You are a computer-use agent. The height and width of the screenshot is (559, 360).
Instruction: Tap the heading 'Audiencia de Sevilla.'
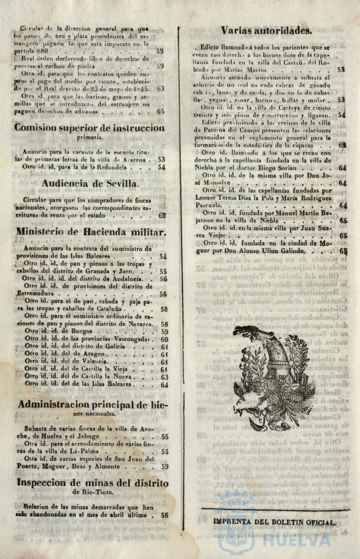[x=90, y=183]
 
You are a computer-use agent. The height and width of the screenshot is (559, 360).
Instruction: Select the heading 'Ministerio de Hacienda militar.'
[x=91, y=232]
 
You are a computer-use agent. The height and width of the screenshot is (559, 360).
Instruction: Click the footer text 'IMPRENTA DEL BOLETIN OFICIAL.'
[x=274, y=522]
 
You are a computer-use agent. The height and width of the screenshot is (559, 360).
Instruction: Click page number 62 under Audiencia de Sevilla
[x=162, y=216]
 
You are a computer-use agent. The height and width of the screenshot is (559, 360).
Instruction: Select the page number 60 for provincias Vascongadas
[x=164, y=339]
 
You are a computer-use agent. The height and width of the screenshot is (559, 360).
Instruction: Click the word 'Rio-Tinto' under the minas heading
[x=99, y=492]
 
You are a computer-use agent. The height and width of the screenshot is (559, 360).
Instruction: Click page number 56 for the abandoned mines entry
[x=165, y=515]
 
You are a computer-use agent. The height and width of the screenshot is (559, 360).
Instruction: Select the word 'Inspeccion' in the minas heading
[x=42, y=483]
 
